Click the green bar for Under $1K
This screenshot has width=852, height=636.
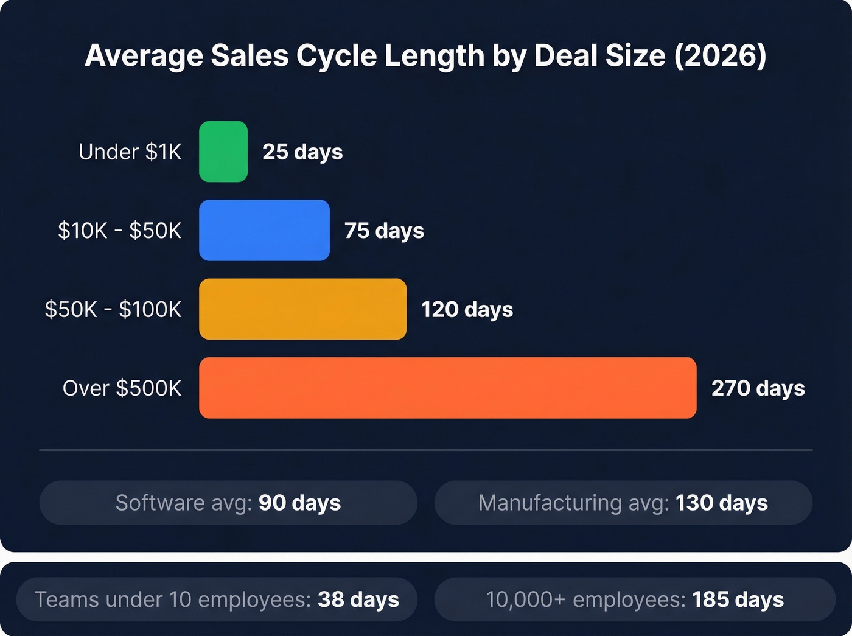[223, 152]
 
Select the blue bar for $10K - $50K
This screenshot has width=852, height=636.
[264, 230]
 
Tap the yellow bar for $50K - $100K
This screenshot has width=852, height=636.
[302, 309]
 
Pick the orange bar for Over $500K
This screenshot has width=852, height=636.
[447, 388]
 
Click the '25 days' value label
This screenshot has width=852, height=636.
[302, 152]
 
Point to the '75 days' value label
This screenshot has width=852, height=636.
[384, 231]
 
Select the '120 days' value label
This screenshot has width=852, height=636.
[467, 309]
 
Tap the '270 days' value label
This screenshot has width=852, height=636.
[758, 388]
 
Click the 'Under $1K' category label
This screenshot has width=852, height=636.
[130, 152]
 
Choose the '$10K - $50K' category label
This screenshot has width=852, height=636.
[119, 231]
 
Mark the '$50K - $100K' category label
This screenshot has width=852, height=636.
[113, 309]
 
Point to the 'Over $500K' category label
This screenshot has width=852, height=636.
[122, 388]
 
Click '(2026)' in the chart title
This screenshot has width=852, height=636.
[720, 56]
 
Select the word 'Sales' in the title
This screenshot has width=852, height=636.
[250, 56]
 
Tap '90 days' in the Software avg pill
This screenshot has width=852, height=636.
[299, 503]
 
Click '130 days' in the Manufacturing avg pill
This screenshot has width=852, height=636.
[721, 503]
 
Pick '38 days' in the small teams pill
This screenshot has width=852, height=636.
[358, 599]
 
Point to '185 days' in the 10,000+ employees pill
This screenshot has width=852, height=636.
[738, 599]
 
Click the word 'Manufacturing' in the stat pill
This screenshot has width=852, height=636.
[541, 503]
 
